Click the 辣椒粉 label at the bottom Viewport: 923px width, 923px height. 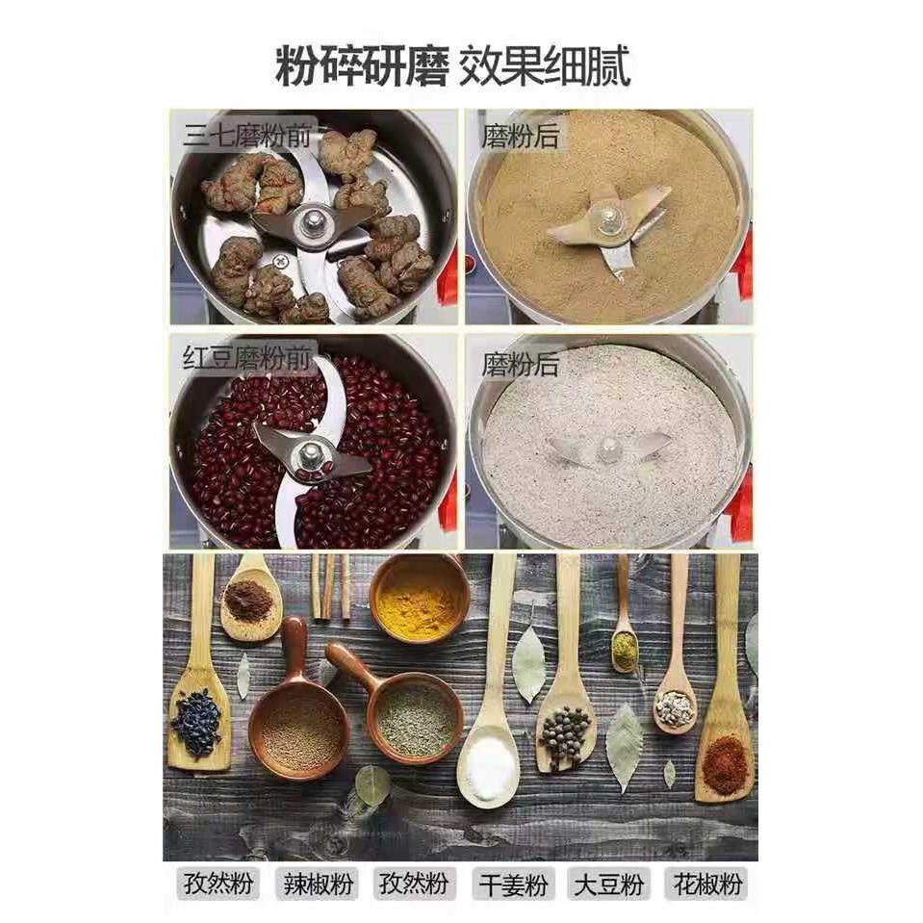tap(316, 884)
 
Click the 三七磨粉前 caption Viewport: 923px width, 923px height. tap(247, 136)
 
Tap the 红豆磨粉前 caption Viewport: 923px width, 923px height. tap(247, 360)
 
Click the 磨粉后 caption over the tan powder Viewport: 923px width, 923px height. tap(520, 136)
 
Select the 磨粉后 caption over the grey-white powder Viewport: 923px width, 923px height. tap(520, 365)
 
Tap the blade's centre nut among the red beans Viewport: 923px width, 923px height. tap(310, 453)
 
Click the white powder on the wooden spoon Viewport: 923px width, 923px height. tap(490, 766)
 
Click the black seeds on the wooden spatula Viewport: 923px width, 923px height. tap(197, 721)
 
